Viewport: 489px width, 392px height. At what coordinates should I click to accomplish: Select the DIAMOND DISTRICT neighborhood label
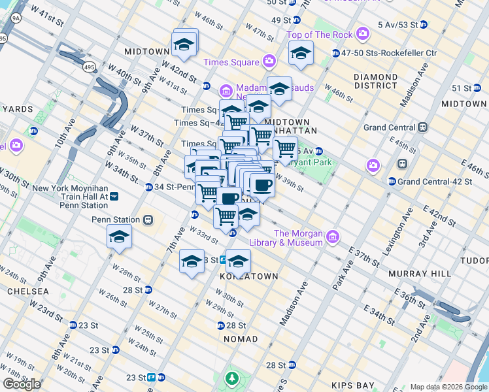[375, 81]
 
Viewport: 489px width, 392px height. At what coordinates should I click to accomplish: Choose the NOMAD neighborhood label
[241, 339]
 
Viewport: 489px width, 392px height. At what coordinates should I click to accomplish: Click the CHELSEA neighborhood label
[27, 291]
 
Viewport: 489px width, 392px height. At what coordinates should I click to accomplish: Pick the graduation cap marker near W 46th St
[186, 44]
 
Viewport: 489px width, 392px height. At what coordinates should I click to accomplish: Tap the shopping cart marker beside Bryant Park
[285, 150]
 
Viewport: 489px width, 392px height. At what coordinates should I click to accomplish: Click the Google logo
[22, 384]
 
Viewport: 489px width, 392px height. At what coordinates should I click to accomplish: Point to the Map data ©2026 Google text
[448, 387]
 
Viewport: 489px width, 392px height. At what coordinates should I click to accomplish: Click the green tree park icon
[231, 378]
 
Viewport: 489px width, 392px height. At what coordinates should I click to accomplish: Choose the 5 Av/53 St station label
[398, 25]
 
